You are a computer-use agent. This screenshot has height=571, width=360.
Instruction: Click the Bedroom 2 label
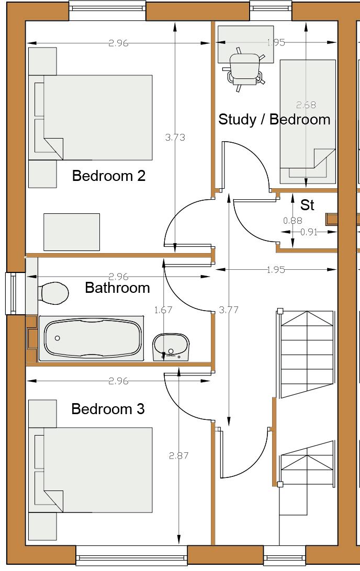pyautogui.click(x=109, y=176)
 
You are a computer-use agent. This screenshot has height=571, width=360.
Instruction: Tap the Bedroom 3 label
pyautogui.click(x=108, y=408)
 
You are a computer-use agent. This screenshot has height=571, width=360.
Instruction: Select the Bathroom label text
pyautogui.click(x=117, y=288)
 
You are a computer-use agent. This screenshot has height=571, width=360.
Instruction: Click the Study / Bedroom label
pyautogui.click(x=274, y=119)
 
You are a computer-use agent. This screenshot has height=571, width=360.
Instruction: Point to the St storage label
pyautogui.click(x=307, y=205)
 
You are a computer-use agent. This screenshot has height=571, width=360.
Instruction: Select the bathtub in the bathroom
pyautogui.click(x=91, y=339)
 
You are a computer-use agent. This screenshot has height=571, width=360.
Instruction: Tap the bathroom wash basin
pyautogui.click(x=171, y=347)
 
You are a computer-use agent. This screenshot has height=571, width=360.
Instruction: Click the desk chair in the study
pyautogui.click(x=244, y=69)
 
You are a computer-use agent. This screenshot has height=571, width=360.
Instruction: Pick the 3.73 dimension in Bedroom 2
pyautogui.click(x=175, y=138)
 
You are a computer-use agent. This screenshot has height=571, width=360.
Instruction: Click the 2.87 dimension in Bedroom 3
pyautogui.click(x=178, y=455)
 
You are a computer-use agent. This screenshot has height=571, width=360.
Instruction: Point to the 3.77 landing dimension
pyautogui.click(x=229, y=310)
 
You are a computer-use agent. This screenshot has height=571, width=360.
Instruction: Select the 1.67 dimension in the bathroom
pyautogui.click(x=163, y=310)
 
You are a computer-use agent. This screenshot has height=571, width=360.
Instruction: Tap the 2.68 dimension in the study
pyautogui.click(x=306, y=105)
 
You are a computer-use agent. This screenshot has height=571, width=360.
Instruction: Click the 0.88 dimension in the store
pyautogui.click(x=292, y=220)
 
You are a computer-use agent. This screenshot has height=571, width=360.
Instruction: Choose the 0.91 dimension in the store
pyautogui.click(x=309, y=232)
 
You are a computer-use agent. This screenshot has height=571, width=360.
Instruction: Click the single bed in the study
pyautogui.click(x=308, y=122)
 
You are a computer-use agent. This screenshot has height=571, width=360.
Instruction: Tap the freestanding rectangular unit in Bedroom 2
pyautogui.click(x=72, y=232)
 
